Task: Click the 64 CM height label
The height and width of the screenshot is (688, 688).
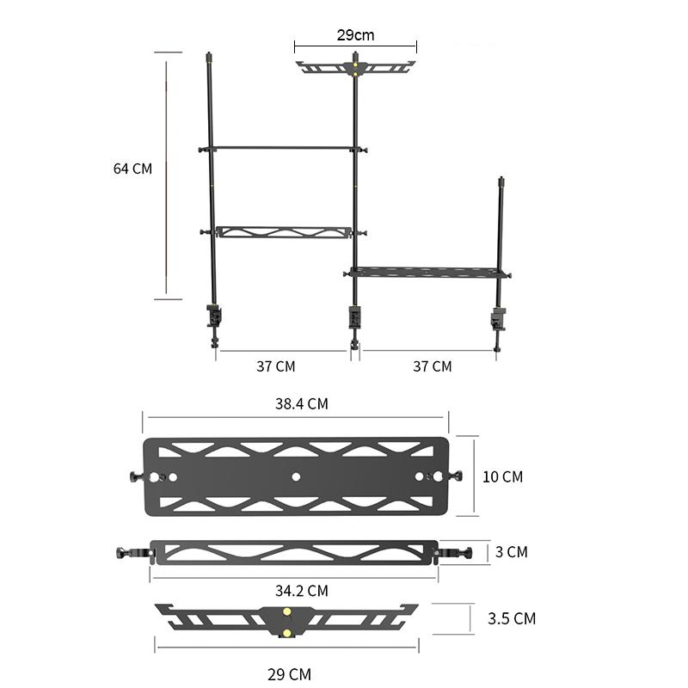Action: [132, 169]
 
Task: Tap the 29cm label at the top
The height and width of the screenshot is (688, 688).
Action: [355, 35]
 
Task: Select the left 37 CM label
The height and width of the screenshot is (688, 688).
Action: [276, 366]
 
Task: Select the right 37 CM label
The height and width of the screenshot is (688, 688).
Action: [433, 366]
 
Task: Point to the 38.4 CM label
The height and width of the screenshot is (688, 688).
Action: [302, 403]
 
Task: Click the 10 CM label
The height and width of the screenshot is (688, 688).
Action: [503, 477]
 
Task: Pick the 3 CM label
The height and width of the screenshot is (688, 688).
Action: [512, 552]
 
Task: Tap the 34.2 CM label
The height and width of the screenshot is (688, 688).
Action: [302, 591]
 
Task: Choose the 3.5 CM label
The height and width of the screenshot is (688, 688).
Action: [512, 618]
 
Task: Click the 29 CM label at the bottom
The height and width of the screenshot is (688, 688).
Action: [289, 674]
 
